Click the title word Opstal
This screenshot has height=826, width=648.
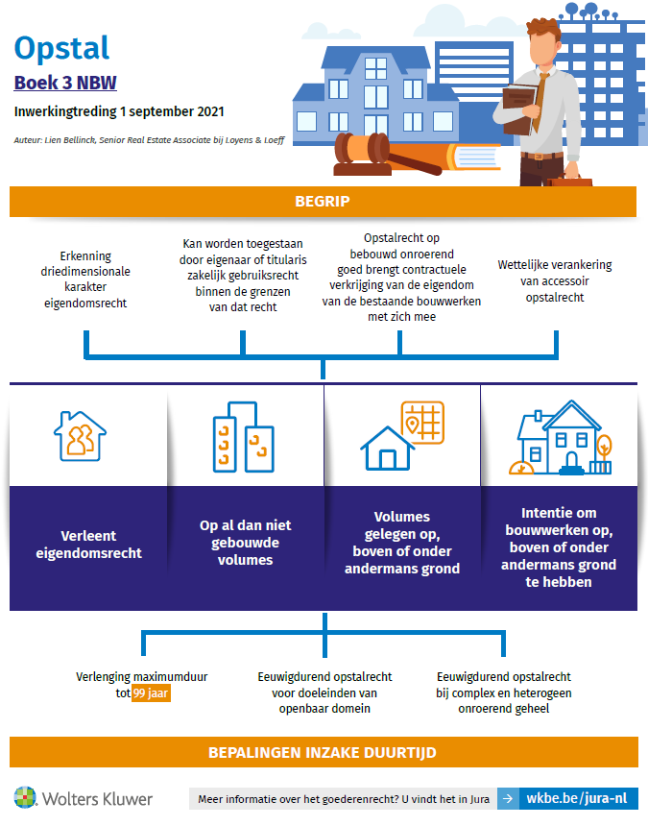click(x=62, y=47)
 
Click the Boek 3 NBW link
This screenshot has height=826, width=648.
click(x=65, y=83)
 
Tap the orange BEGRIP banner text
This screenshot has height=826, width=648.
click(x=323, y=202)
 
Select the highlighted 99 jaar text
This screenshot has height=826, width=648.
click(x=152, y=693)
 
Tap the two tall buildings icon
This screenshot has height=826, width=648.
click(x=242, y=437)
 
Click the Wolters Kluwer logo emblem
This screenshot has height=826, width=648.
click(x=26, y=798)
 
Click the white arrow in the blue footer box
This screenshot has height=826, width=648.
click(x=507, y=798)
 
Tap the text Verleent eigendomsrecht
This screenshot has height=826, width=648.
click(x=88, y=544)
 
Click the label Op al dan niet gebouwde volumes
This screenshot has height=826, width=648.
click(x=245, y=543)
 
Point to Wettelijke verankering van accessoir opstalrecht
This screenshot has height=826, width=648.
click(x=555, y=280)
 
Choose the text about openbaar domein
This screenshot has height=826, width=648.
click(x=323, y=692)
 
